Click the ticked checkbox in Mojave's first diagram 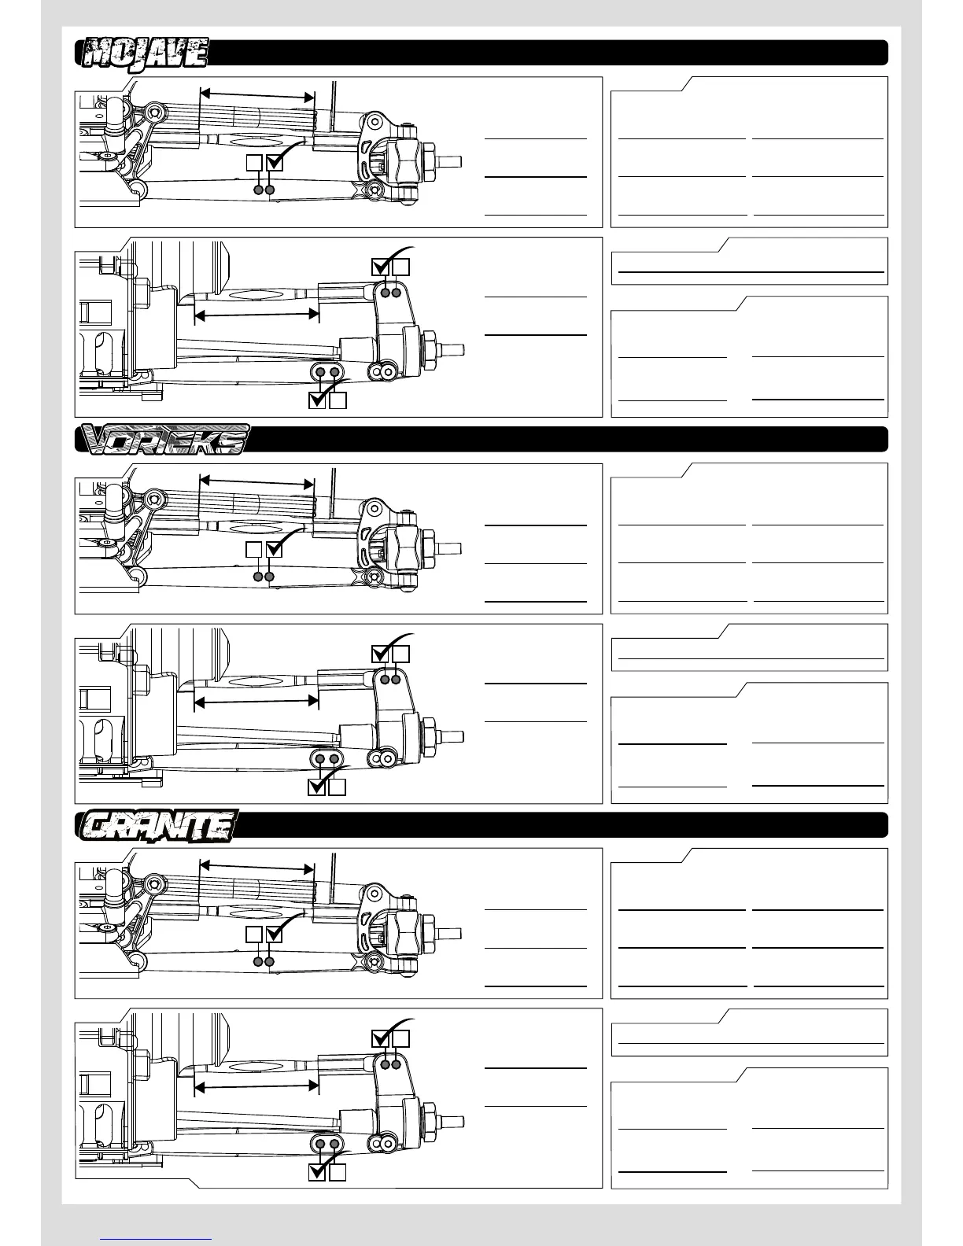coord(275,163)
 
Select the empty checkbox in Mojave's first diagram coord(254,163)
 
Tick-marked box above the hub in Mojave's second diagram coord(381,267)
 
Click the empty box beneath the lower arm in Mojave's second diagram coord(338,400)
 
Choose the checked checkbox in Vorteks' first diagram coord(275,549)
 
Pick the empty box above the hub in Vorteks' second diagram coord(401,654)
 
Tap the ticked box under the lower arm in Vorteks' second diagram coord(317,787)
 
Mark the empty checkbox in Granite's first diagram coord(254,934)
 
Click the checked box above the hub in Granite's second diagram coord(381,1038)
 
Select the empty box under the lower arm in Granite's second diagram coord(338,1172)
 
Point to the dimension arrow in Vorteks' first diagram coord(257,481)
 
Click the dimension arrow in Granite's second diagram coord(256,1086)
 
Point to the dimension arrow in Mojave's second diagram coord(256,315)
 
